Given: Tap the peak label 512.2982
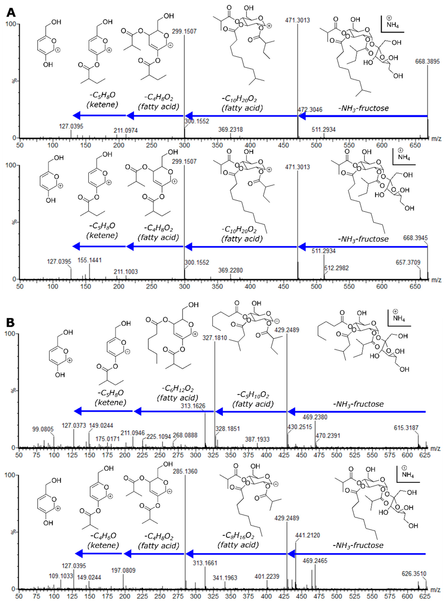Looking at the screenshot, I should click(336, 268).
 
